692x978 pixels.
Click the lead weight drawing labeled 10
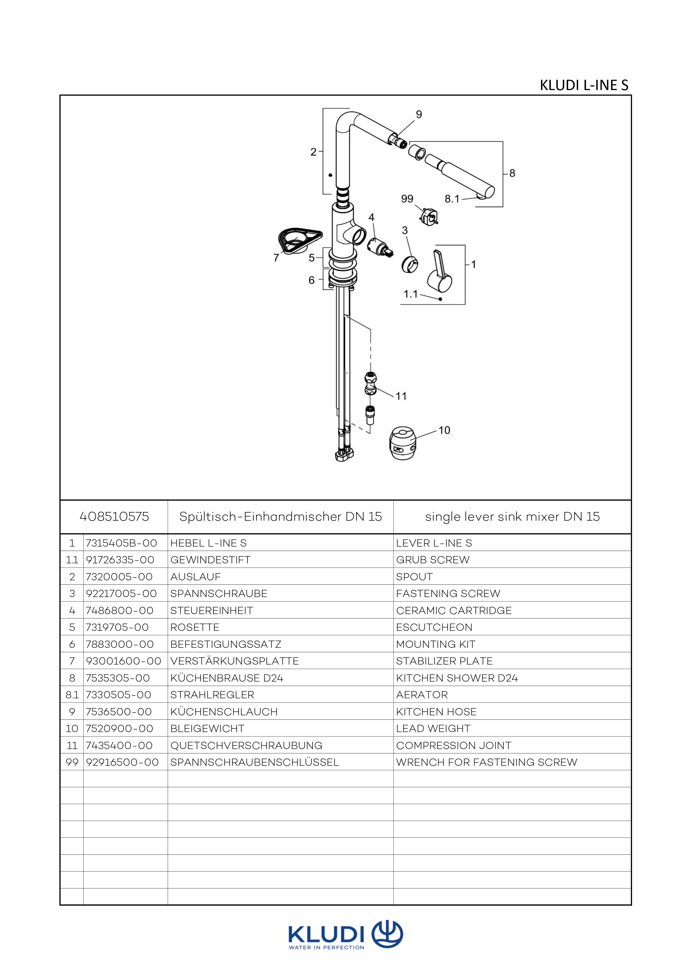402,444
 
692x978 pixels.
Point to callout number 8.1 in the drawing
452,199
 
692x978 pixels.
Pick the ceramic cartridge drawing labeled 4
379,248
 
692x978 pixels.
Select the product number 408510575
114,517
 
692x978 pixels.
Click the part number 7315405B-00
121,543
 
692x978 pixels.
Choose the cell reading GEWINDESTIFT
210,560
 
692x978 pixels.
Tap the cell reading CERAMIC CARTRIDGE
454,610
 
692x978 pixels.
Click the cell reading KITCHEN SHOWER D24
457,678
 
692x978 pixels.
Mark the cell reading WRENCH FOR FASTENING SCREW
487,762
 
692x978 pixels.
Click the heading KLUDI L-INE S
584,85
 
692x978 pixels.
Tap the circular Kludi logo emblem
387,934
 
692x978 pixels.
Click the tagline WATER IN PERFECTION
326,948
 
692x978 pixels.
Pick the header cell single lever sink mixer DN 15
512,517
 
